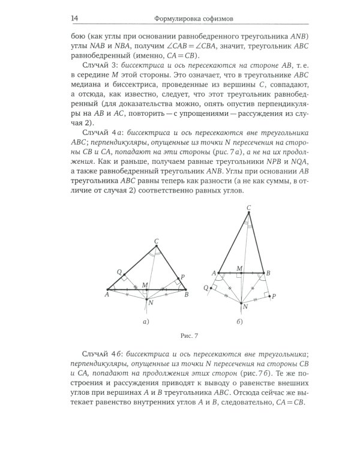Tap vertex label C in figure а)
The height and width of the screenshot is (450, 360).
coord(156,241)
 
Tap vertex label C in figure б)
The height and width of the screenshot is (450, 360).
coord(248,208)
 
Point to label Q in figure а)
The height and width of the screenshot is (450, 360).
coord(112,271)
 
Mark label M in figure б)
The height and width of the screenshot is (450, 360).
coord(239,268)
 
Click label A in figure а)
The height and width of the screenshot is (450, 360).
coord(106,295)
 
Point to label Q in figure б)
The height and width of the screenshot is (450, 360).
coord(206,287)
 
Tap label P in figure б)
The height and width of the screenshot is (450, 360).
coord(274,296)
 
